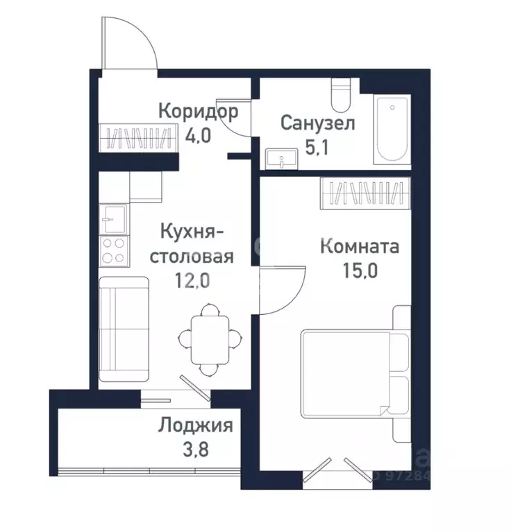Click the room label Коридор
199,112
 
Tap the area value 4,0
198,136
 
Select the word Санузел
318,123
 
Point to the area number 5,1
317,148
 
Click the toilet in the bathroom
341,95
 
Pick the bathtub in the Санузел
392,130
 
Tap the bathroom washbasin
282,158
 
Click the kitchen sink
114,219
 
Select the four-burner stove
114,251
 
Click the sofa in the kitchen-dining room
124,329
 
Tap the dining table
210,340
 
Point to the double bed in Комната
355,374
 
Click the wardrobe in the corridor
138,138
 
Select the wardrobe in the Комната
365,193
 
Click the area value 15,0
360,271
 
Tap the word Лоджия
196,426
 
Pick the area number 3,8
196,450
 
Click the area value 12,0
192,281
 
